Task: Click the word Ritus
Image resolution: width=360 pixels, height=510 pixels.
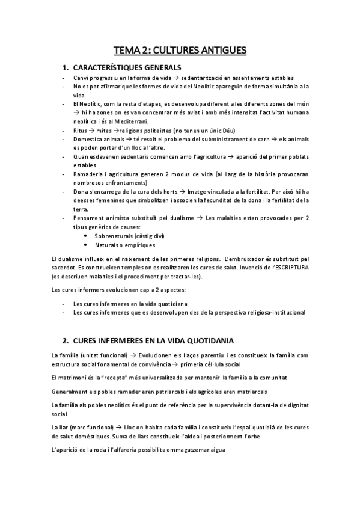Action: coord(79,130)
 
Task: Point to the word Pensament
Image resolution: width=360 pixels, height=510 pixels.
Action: coord(88,218)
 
